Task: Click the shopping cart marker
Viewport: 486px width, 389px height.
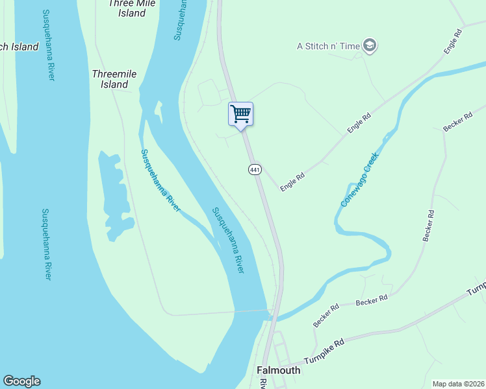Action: click(240, 114)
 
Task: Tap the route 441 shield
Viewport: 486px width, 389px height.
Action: click(255, 169)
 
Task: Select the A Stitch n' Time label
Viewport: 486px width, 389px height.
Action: click(328, 46)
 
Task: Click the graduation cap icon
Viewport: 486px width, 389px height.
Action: click(370, 45)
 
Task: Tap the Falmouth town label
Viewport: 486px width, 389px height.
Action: click(279, 370)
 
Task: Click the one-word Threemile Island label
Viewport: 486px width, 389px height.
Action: click(114, 79)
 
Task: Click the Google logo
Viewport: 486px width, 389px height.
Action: click(21, 381)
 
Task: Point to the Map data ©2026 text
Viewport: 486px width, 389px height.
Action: click(458, 384)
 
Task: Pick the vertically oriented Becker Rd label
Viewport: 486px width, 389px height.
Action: click(428, 226)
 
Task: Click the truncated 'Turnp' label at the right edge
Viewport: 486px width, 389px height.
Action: click(478, 287)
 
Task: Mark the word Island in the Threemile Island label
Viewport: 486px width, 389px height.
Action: click(114, 84)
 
